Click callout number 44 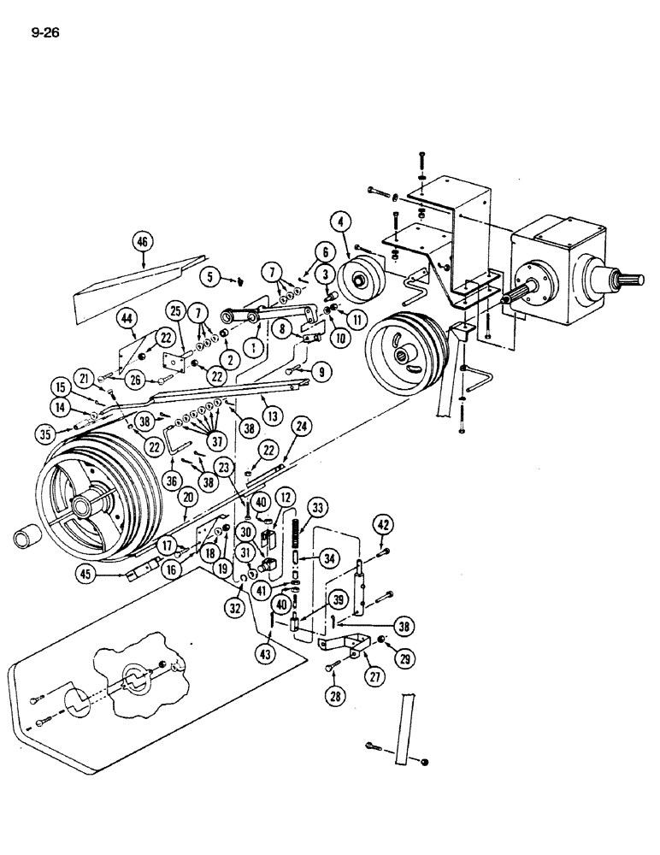point(128,318)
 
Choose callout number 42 point(385,525)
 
